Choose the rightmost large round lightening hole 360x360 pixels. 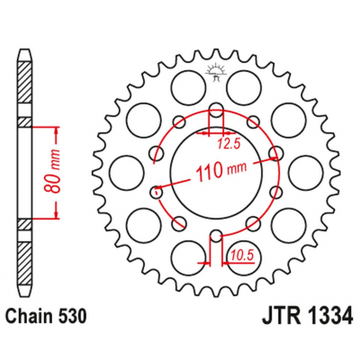coord(303,171)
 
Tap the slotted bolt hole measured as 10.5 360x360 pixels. coord(215,236)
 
